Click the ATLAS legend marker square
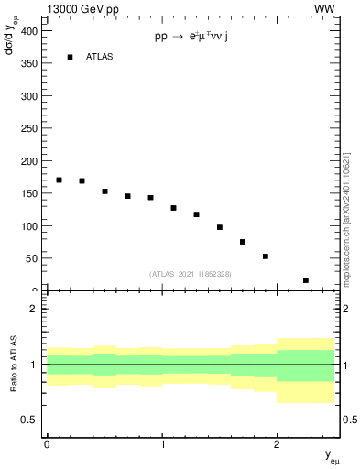pos(70,57)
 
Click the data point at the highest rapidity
pos(306,280)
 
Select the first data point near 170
pos(59,180)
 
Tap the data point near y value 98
pos(220,227)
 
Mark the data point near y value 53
pos(266,256)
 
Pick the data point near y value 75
pos(243,242)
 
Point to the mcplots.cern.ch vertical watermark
pos(345,205)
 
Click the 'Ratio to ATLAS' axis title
pos(14,365)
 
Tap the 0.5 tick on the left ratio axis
pos(30,420)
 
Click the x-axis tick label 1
pos(162,442)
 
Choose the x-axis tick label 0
pos(47,442)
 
